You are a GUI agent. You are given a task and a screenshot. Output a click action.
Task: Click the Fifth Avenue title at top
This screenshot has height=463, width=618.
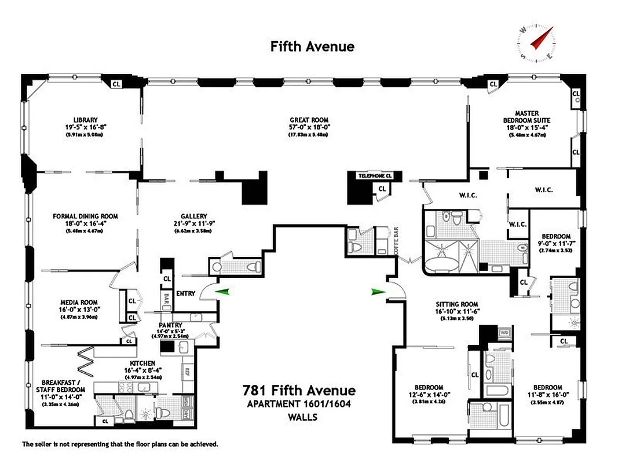tap(312, 46)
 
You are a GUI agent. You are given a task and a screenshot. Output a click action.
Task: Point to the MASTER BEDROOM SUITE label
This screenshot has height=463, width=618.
tap(526, 117)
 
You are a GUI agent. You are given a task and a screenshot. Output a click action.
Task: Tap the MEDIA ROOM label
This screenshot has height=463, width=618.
tap(79, 302)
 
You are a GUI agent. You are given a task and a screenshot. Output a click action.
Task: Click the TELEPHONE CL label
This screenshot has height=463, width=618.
tap(375, 175)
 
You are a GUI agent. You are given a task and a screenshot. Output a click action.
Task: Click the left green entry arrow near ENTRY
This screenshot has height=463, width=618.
tap(222, 292)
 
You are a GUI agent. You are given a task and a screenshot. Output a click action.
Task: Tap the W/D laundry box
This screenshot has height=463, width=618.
tap(503, 333)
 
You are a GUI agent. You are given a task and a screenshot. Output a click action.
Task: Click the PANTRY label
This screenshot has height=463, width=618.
tap(170, 325)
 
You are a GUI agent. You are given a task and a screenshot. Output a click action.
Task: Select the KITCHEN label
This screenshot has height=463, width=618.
tap(142, 363)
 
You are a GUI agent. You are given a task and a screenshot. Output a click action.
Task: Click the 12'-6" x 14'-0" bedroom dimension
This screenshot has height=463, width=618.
tap(429, 395)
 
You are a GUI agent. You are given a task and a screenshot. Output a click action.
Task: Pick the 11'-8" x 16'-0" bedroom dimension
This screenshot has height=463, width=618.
tap(547, 395)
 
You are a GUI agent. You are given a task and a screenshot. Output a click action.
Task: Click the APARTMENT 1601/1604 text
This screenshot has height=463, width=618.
tap(299, 404)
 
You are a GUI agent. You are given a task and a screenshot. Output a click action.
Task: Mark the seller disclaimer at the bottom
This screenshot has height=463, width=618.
tap(120, 444)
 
